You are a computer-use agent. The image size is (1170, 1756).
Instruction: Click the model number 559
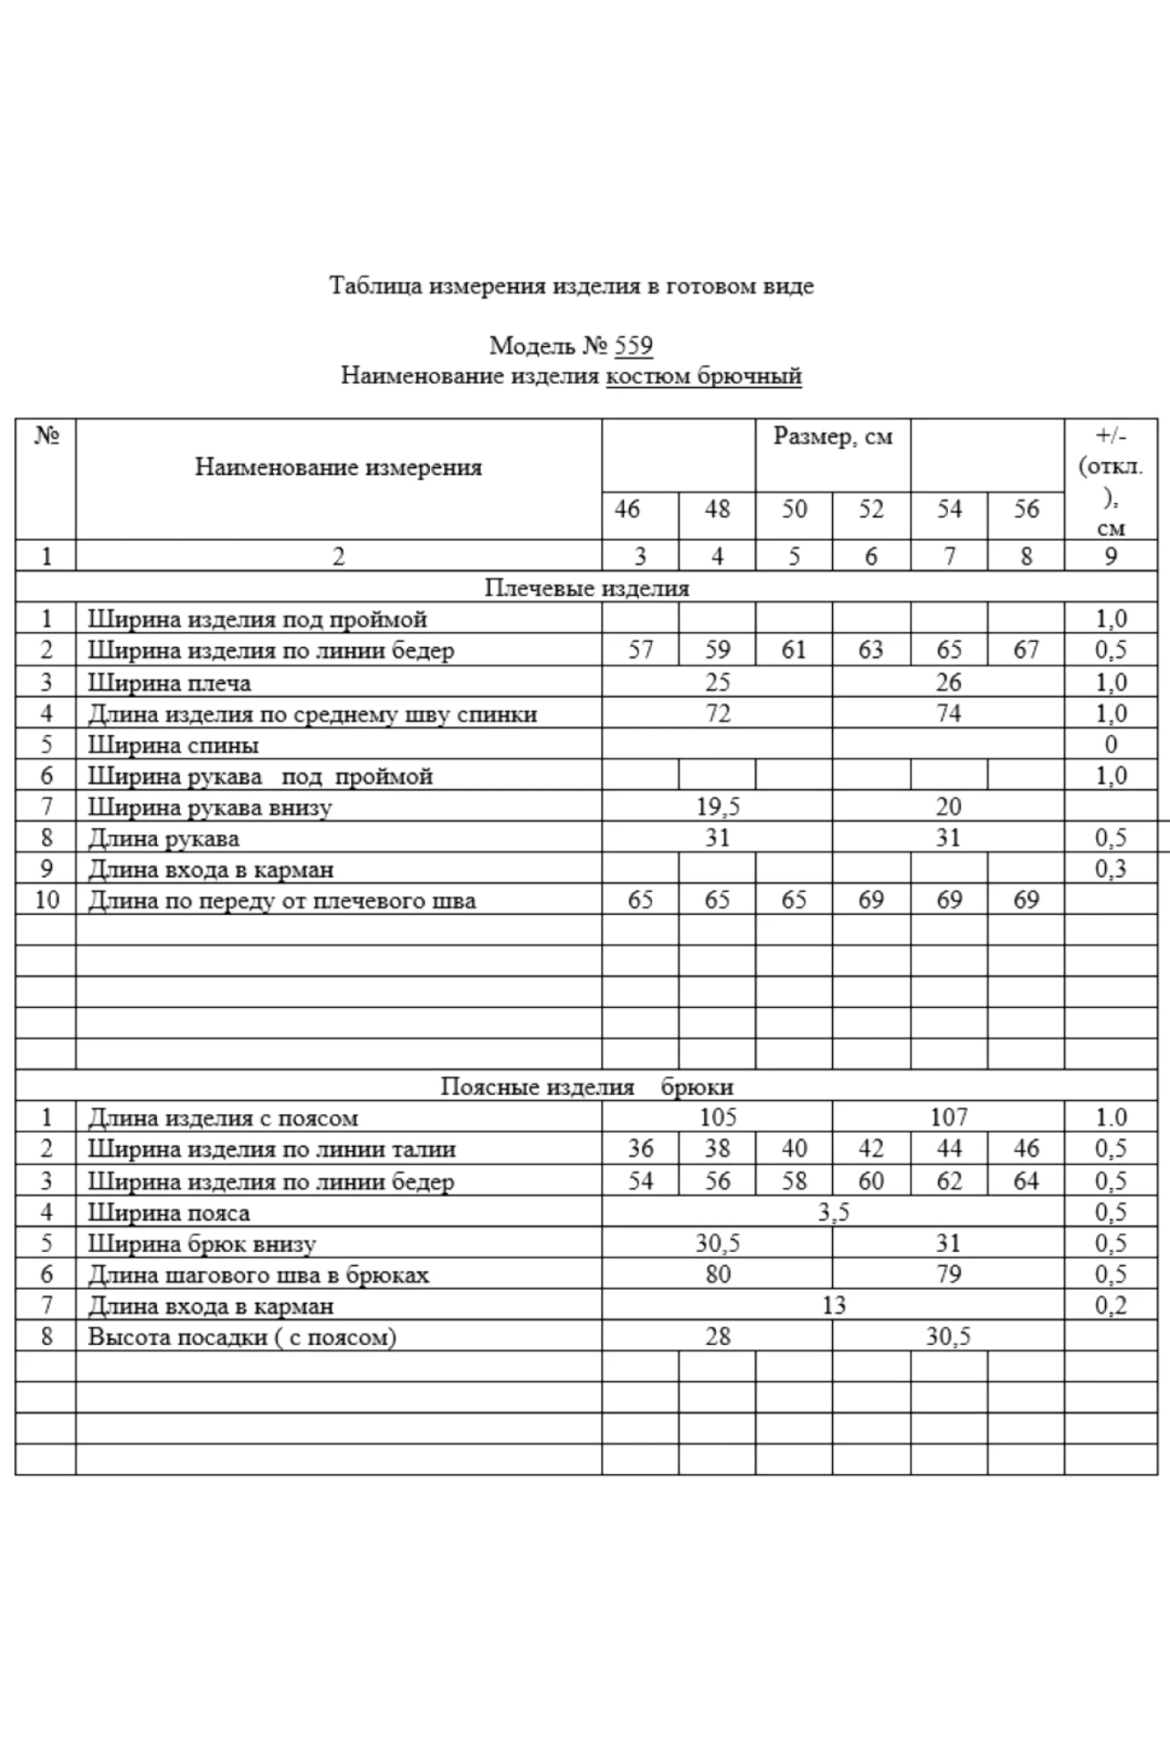[x=633, y=346]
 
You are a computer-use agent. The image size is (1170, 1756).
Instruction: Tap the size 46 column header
[x=627, y=509]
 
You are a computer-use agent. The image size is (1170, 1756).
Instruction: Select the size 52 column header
[x=871, y=509]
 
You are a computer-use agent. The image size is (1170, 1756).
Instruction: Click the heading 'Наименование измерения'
[x=338, y=467]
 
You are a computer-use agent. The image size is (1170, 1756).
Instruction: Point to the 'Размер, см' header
[x=832, y=436]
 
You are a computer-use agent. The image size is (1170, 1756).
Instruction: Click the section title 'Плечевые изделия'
[x=586, y=588]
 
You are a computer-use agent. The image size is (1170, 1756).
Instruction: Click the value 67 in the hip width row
[x=1025, y=651]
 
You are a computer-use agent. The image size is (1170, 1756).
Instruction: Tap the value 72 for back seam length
[x=717, y=714]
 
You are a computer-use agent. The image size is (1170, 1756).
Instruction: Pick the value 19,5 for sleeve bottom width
[x=717, y=807]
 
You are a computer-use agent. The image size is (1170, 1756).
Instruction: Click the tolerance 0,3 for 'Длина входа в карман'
[x=1110, y=869]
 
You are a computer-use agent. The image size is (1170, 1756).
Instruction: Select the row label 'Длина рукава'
[x=163, y=838]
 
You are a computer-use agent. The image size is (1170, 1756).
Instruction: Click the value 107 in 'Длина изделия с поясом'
[x=948, y=1118]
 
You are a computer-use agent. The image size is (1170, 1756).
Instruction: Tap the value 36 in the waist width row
[x=640, y=1148]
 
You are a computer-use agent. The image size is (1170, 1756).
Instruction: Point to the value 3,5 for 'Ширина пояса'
[x=833, y=1213]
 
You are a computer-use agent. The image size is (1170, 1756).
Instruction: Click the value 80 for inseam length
[x=717, y=1274]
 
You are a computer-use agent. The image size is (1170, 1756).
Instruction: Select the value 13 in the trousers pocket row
[x=833, y=1306]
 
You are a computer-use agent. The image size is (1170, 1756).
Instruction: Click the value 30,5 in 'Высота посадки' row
[x=948, y=1337]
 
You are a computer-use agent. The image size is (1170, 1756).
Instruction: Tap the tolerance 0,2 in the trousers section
[x=1110, y=1306]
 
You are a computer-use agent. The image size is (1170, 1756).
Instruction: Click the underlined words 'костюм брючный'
[x=704, y=377]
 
